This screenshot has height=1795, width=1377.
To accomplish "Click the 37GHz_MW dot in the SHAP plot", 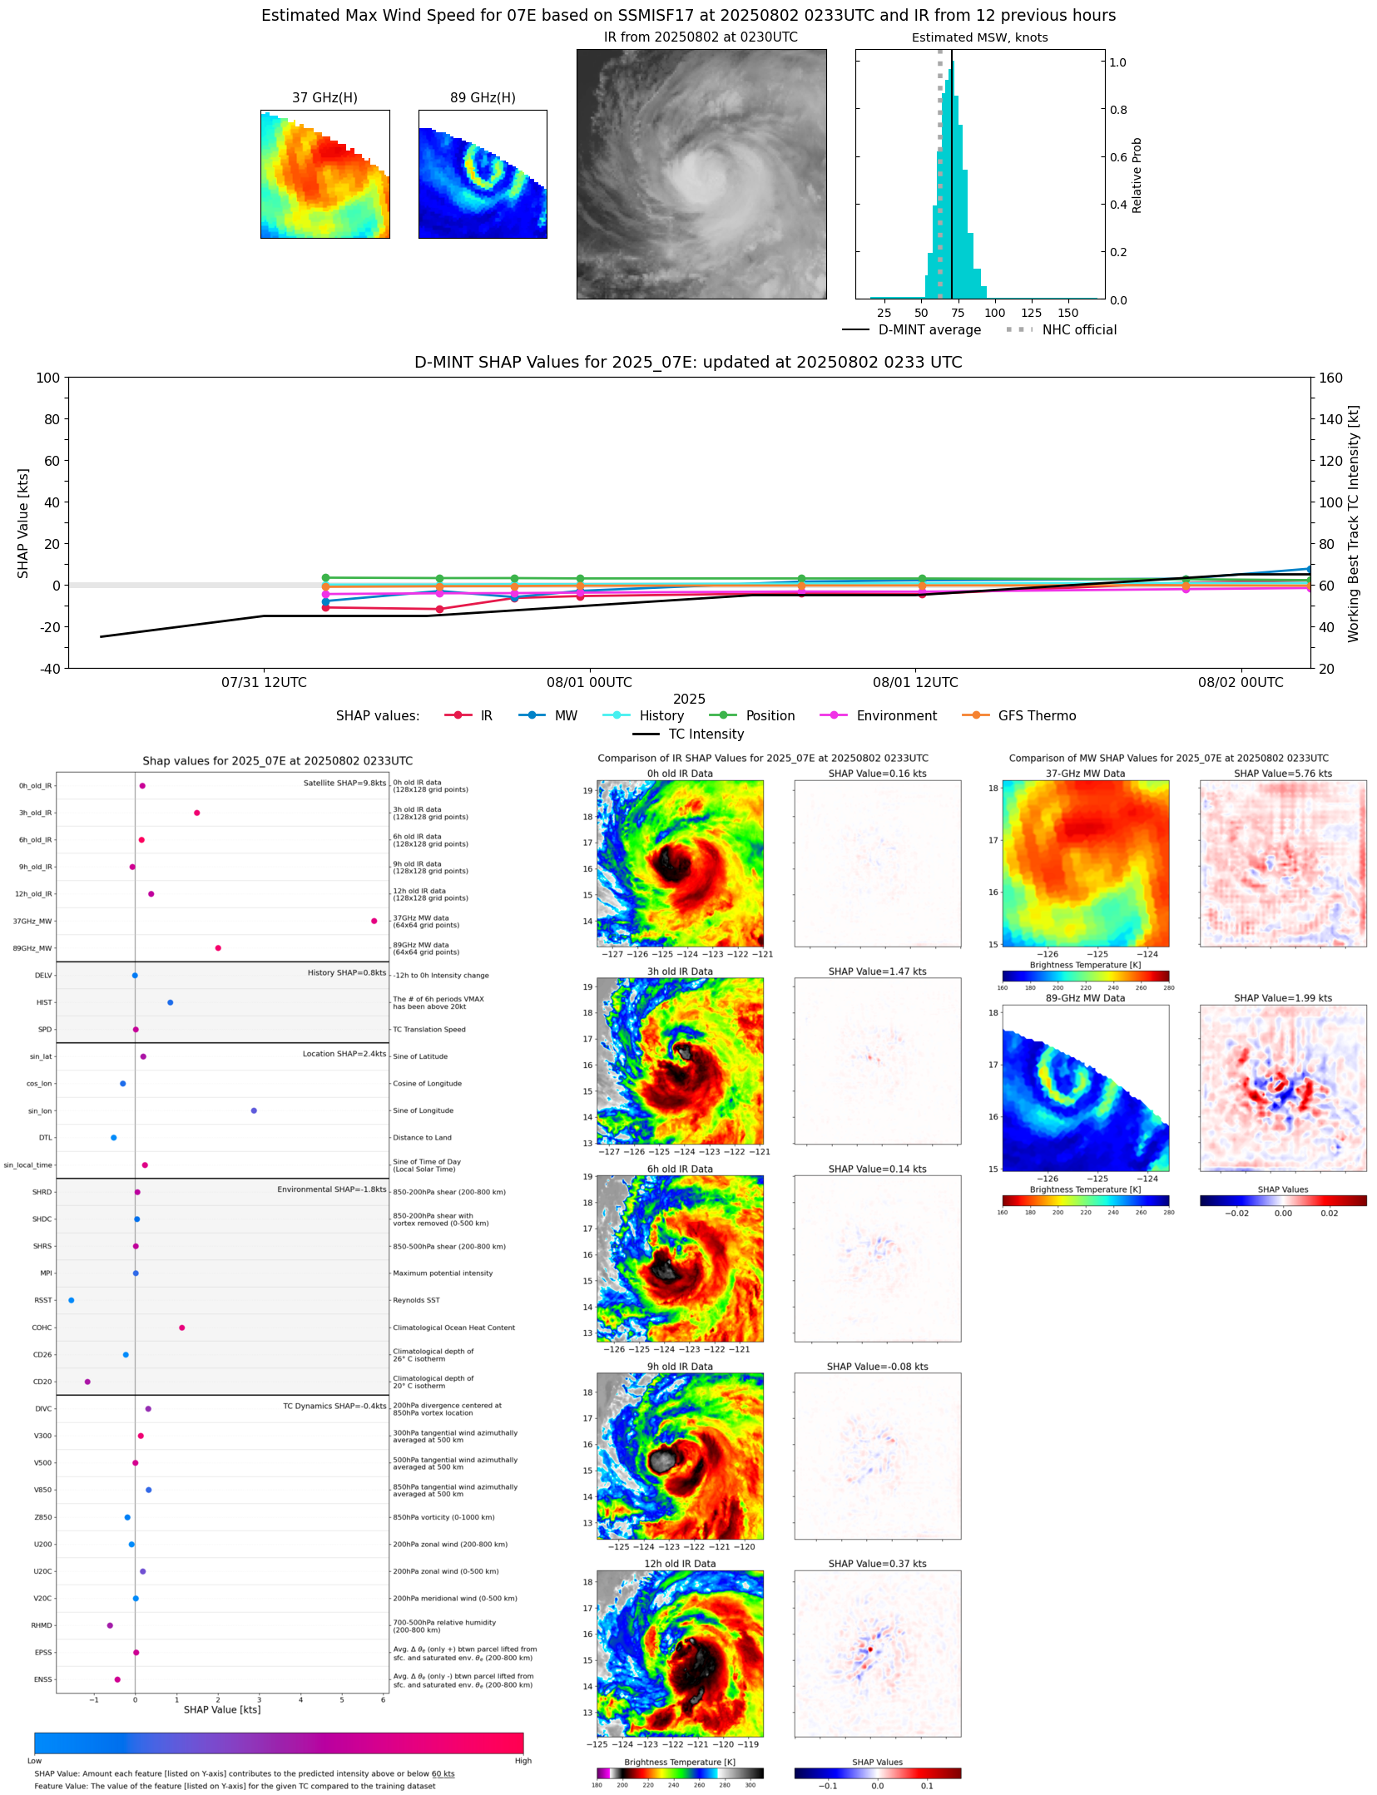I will [x=374, y=921].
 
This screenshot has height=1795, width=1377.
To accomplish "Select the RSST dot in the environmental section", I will [x=71, y=1300].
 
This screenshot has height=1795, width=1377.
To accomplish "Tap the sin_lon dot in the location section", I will [x=254, y=1110].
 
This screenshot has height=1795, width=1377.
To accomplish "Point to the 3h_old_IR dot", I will [x=196, y=813].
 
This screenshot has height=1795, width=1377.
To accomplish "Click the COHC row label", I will [x=42, y=1328].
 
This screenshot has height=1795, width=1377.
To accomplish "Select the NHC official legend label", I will [x=1079, y=329].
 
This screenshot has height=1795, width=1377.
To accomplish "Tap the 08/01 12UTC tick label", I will [x=915, y=682].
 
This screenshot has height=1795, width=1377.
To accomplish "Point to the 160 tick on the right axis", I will [x=1330, y=378].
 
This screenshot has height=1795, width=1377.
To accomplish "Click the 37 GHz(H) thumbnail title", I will [x=324, y=97].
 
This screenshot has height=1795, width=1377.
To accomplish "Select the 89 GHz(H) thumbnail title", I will [x=483, y=97].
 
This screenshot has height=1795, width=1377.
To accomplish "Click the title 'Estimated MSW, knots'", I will [x=979, y=37].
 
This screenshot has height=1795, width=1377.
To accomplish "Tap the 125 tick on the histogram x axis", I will [x=1032, y=313].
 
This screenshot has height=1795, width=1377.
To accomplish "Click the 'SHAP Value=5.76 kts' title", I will [x=1282, y=774].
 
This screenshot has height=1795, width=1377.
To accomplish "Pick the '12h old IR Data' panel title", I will [x=680, y=1564].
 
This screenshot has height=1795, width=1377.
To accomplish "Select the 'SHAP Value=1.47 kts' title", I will [x=877, y=972].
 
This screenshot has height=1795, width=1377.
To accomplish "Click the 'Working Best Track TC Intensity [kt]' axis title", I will [x=1353, y=523].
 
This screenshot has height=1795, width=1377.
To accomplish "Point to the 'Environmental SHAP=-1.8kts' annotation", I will [x=331, y=1189].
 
